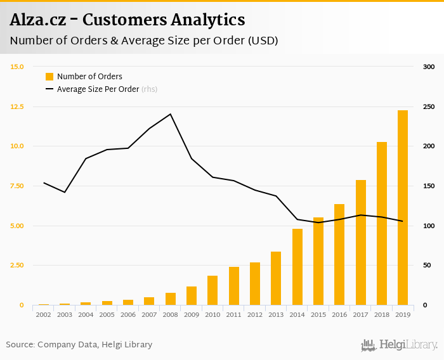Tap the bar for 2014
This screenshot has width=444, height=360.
coord(297,267)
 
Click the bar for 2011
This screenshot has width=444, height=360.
coord(233,286)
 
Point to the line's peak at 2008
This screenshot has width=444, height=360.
coord(170,114)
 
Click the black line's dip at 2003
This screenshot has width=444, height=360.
coord(65,192)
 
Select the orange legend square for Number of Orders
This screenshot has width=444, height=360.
coord(49,77)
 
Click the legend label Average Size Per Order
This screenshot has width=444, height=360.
coord(98,89)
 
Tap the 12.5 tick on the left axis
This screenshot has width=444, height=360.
coord(16,106)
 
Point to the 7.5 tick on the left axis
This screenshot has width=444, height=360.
coord(16,186)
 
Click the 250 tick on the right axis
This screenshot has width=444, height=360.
coord(429,106)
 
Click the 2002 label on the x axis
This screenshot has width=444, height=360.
coord(43,314)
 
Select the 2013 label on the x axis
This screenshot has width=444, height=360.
coord(276,314)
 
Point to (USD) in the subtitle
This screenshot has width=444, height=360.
coord(263,41)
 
